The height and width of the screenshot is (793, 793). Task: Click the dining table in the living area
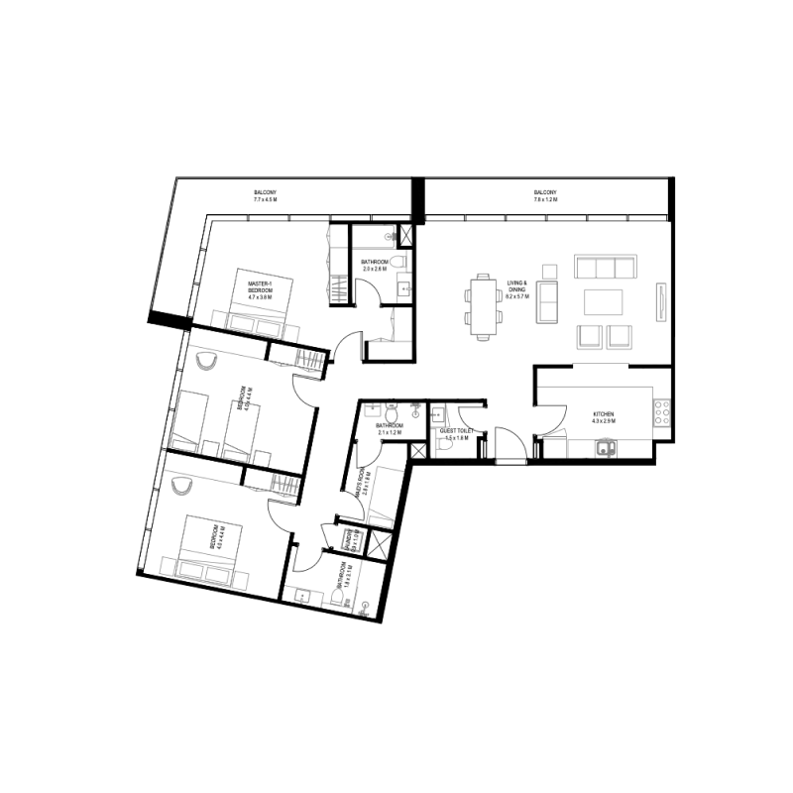coord(482,306)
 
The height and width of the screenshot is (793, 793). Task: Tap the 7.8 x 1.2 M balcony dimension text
coord(545,200)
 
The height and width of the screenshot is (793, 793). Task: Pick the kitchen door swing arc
coord(550,421)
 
